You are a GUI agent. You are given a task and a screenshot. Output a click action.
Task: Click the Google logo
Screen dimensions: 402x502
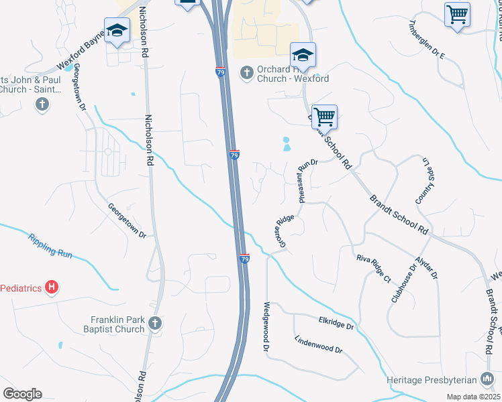coord(22,394)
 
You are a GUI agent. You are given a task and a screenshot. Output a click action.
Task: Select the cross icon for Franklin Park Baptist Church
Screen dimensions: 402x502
coord(155,324)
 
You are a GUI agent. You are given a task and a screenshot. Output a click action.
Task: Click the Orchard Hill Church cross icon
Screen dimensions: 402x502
coord(247,72)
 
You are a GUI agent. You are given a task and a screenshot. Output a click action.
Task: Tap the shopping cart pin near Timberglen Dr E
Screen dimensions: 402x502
coord(457,14)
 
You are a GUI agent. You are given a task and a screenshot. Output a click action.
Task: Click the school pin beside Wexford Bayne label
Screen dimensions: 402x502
coord(117,32)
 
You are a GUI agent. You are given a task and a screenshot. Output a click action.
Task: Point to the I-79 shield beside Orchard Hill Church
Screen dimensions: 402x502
coord(220,72)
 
